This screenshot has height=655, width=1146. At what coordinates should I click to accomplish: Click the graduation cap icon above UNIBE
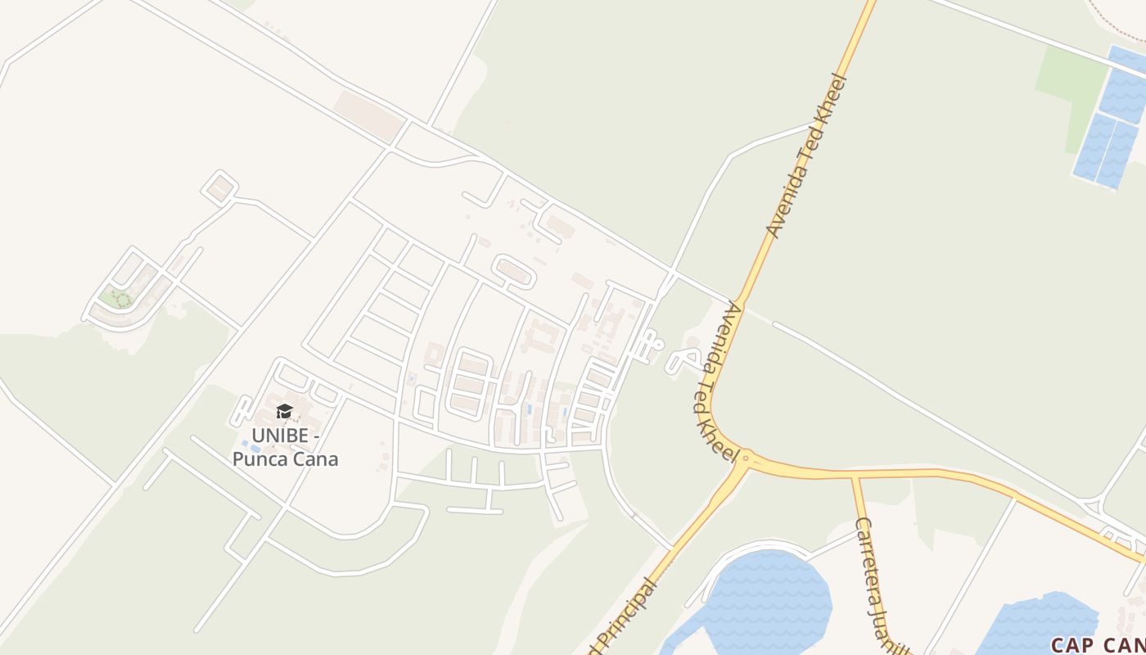coord(284,411)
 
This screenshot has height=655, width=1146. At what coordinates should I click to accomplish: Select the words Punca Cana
coord(285,458)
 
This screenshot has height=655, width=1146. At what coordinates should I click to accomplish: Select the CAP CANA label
coord(1097,645)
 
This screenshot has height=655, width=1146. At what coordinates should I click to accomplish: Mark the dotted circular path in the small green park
coord(122,300)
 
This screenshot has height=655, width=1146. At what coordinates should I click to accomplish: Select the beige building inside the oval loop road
coord(513,271)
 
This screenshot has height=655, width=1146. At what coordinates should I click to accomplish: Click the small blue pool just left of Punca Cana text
coord(245,444)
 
